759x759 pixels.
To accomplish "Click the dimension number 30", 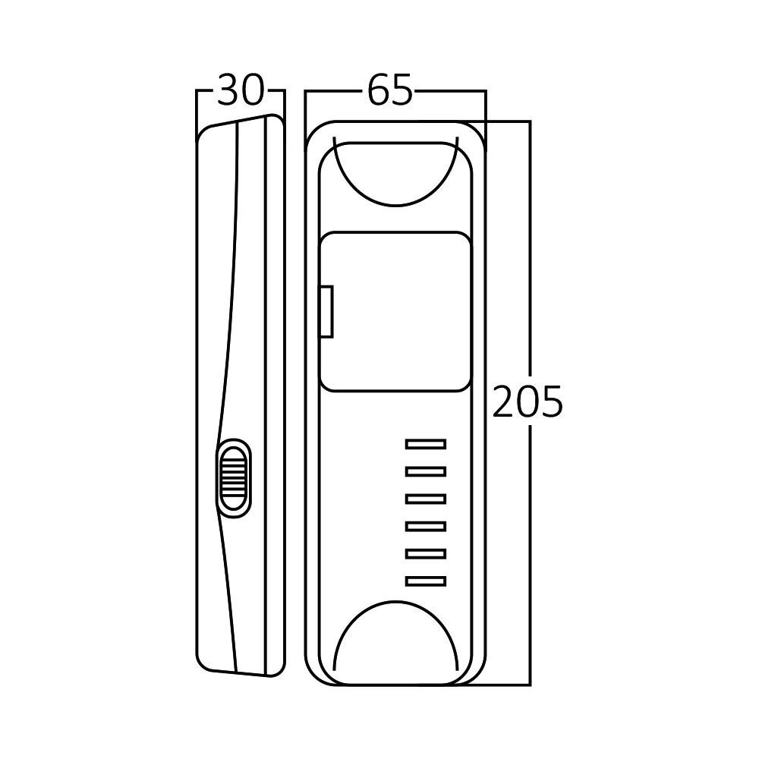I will pyautogui.click(x=240, y=92).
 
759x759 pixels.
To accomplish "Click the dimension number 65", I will pyautogui.click(x=390, y=92).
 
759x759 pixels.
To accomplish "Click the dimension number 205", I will pyautogui.click(x=528, y=402).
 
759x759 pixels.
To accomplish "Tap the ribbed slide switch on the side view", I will pyautogui.click(x=234, y=477).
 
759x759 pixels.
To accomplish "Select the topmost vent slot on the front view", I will pyautogui.click(x=426, y=444).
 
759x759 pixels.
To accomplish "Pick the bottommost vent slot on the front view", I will pyautogui.click(x=426, y=581).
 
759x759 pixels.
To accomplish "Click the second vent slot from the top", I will pyautogui.click(x=426, y=471).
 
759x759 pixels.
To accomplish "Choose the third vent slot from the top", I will pyautogui.click(x=426, y=499).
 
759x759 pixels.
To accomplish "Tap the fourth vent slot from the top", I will pyautogui.click(x=426, y=526).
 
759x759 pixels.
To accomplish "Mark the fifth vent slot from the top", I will pyautogui.click(x=426, y=553).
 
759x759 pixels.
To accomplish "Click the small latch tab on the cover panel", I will pyautogui.click(x=327, y=311).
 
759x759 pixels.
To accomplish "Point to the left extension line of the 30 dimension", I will pyautogui.click(x=197, y=110).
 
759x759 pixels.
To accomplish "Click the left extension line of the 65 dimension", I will pyautogui.click(x=305, y=106).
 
